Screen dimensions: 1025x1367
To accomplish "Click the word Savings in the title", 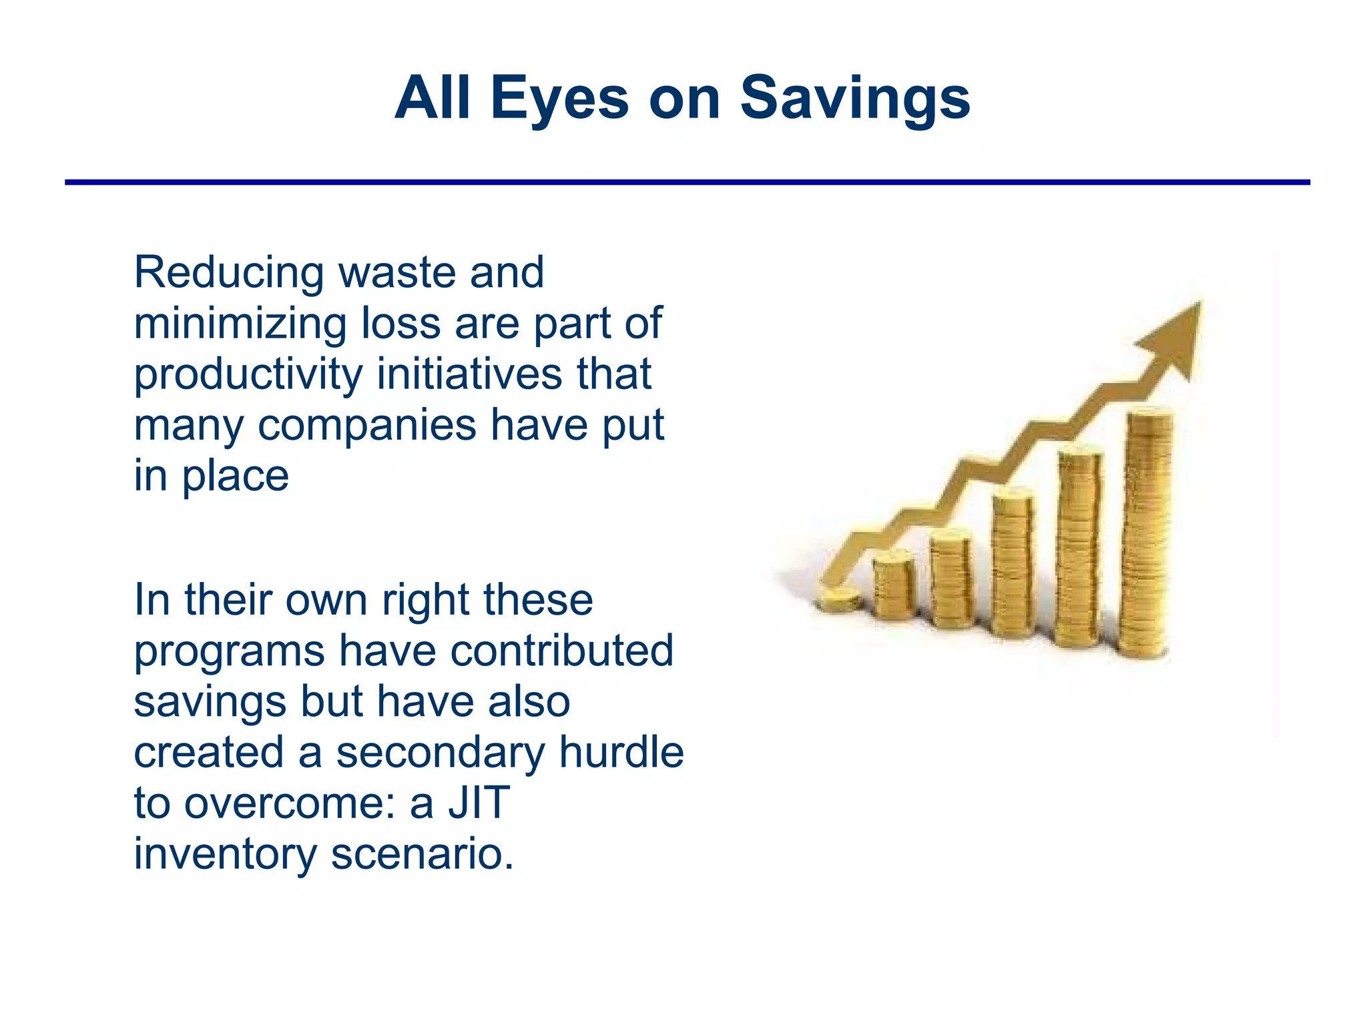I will (855, 99).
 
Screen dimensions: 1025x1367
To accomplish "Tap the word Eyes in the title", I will (559, 99).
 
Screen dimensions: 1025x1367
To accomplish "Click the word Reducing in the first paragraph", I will (229, 274).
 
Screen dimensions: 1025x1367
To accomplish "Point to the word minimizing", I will (240, 324).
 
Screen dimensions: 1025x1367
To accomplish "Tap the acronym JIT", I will (479, 803).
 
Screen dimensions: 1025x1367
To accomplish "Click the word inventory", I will (226, 855).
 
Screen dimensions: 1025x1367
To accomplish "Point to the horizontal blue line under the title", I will (688, 182).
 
